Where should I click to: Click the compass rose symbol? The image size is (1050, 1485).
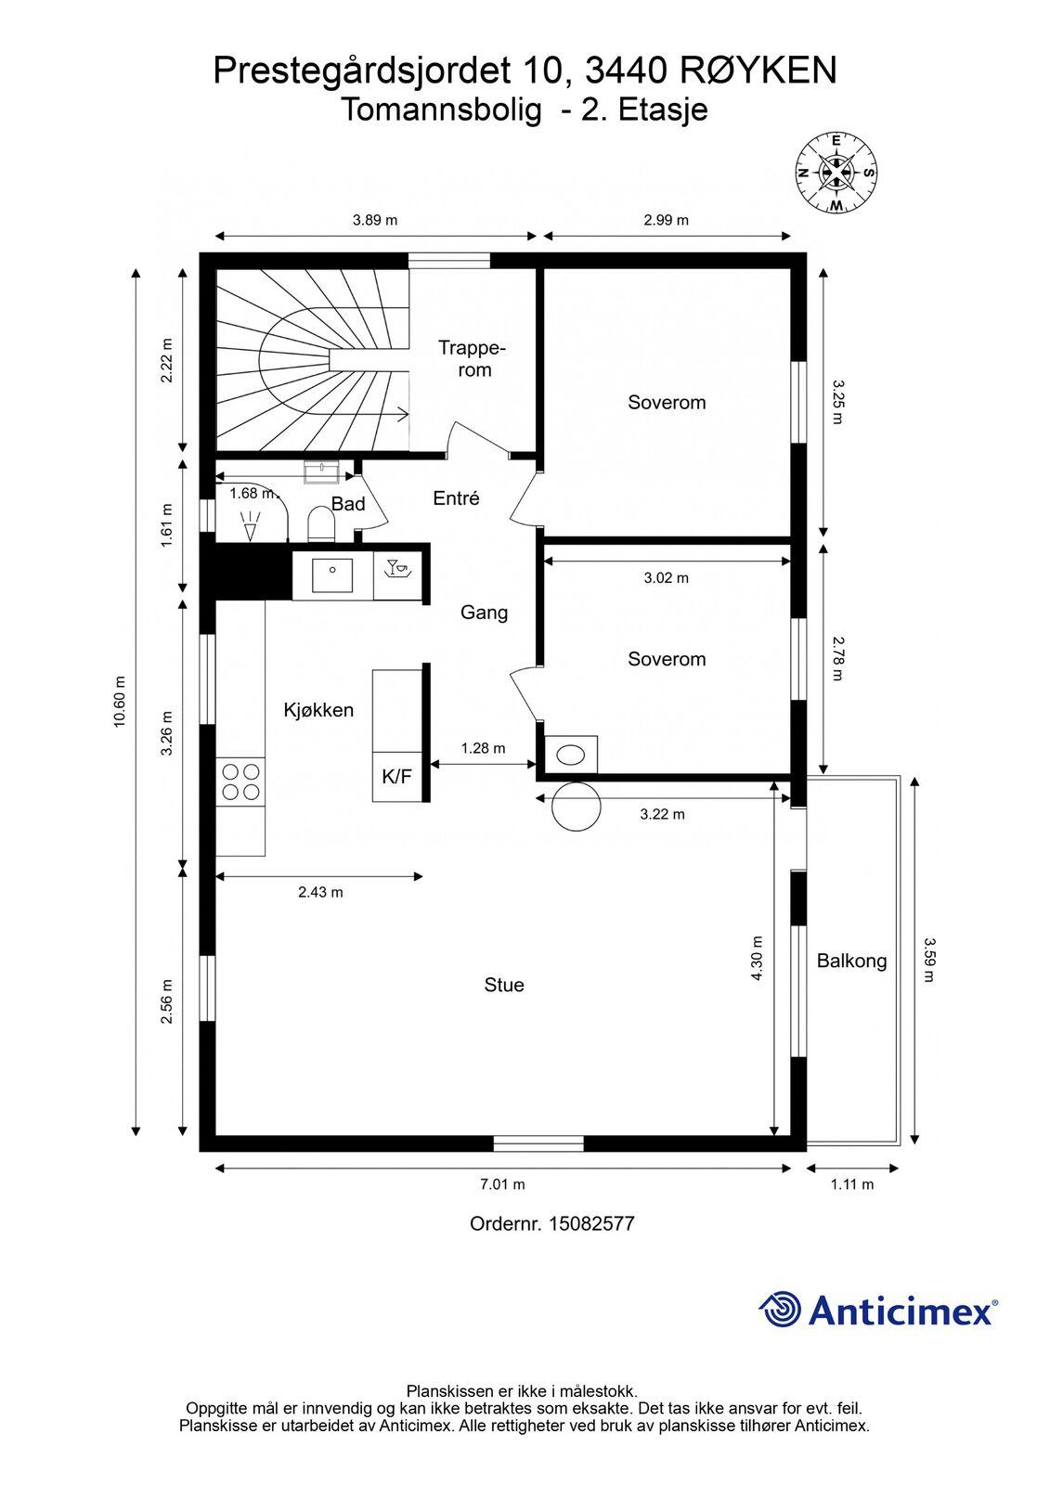point(836,174)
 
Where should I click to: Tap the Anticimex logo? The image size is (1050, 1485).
point(878,1310)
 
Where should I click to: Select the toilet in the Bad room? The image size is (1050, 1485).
point(322,524)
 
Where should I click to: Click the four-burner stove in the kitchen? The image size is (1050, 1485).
point(240,781)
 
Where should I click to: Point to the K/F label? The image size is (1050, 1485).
point(396,776)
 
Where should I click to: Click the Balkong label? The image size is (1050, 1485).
point(851,962)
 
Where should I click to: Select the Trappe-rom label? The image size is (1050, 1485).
point(473,358)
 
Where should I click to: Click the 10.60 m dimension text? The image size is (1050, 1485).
point(120,702)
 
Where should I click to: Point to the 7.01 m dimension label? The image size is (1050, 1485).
point(502,1184)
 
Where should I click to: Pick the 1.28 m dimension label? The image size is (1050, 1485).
point(483,748)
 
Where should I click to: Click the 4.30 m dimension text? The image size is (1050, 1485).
point(757,958)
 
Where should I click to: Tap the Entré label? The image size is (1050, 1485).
point(456,497)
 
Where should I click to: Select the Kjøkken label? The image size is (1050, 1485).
point(318,710)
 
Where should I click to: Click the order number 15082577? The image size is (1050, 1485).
point(591,1223)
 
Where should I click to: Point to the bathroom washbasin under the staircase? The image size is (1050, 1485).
point(322,471)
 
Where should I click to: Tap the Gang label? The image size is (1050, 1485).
point(485,613)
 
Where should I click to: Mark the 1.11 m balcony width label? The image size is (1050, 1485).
point(852,1184)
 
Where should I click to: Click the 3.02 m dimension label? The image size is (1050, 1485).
point(666,577)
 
